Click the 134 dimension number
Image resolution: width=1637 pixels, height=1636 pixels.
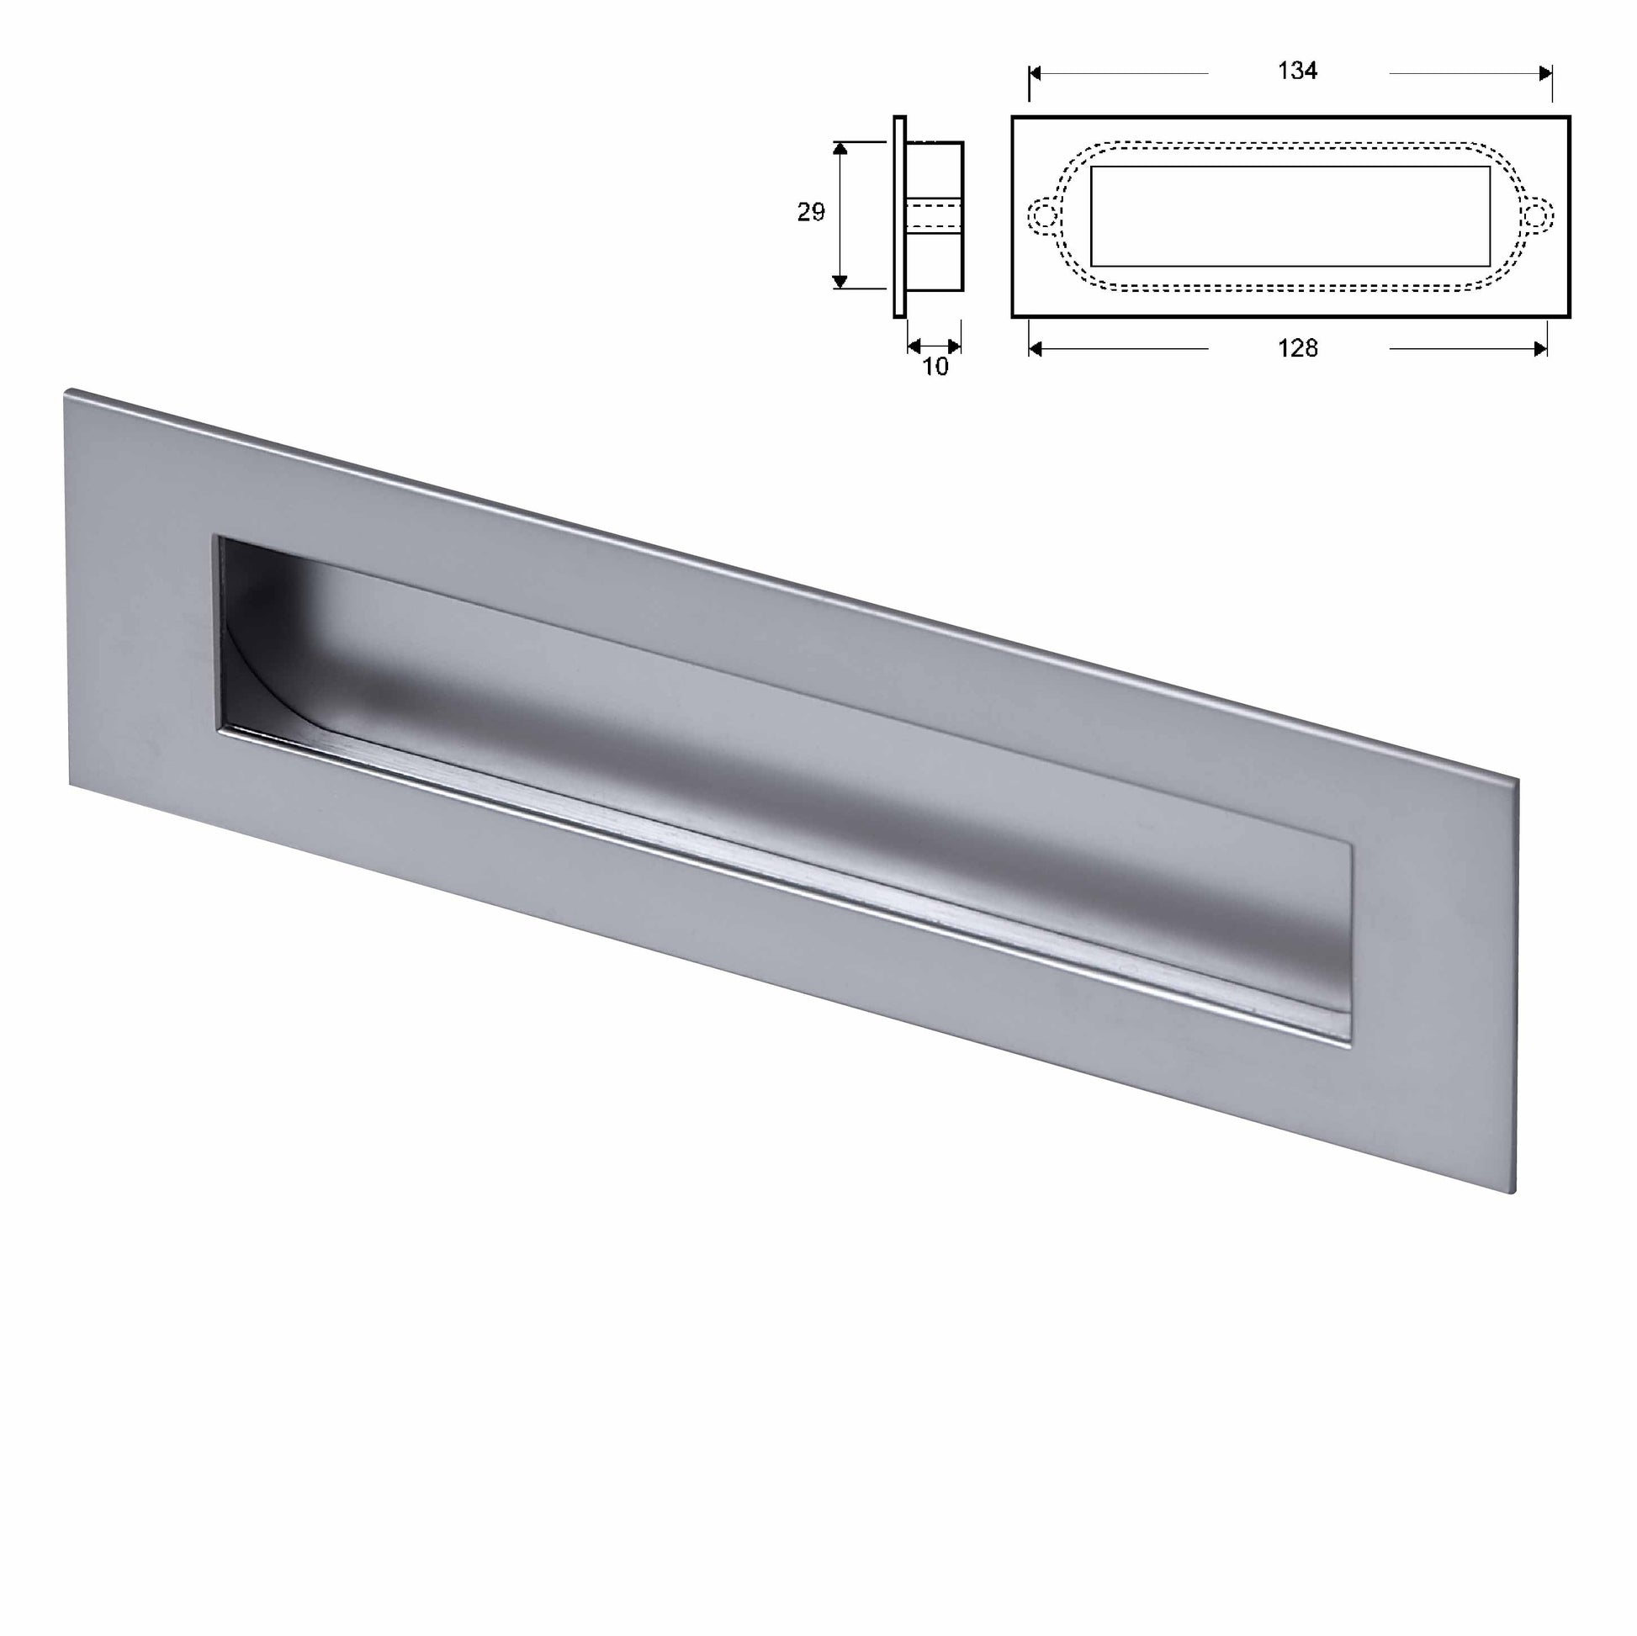(1297, 71)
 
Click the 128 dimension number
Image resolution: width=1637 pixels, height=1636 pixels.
(1297, 348)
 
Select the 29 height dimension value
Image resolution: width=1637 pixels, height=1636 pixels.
(810, 213)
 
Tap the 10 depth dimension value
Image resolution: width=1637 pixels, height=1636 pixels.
(935, 367)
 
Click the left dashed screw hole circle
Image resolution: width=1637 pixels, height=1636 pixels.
(1042, 216)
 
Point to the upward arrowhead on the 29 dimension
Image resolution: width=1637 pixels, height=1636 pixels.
(840, 149)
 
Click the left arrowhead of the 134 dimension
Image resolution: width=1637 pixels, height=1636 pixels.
(1036, 74)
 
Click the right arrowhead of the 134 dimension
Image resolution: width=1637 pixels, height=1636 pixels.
(1544, 74)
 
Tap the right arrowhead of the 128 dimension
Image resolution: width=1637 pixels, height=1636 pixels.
(1540, 348)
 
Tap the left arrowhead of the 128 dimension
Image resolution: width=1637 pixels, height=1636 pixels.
(1036, 348)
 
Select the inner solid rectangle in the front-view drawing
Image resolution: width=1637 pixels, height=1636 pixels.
(1290, 216)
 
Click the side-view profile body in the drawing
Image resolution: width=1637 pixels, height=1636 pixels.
(935, 216)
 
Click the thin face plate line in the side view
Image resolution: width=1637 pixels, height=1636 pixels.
(899, 216)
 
